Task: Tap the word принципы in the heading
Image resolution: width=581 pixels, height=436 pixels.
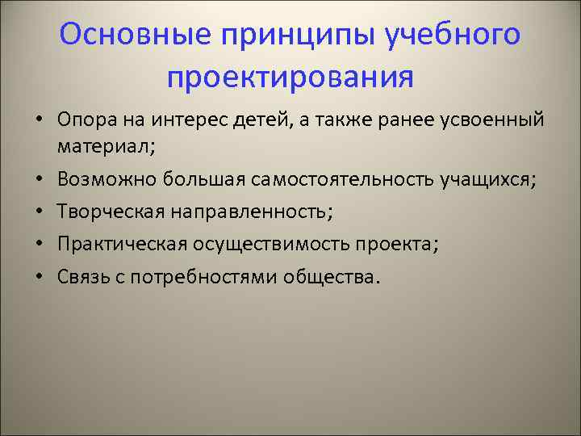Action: click(287, 37)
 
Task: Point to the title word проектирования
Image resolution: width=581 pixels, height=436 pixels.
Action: click(290, 78)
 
